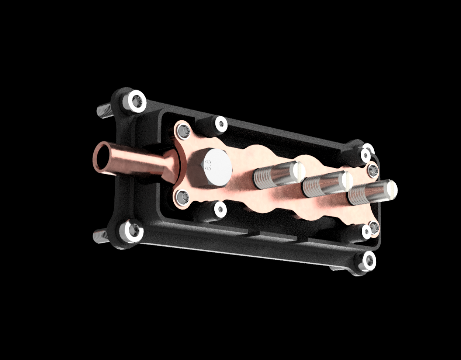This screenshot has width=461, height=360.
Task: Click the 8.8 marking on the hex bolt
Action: (208, 165)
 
